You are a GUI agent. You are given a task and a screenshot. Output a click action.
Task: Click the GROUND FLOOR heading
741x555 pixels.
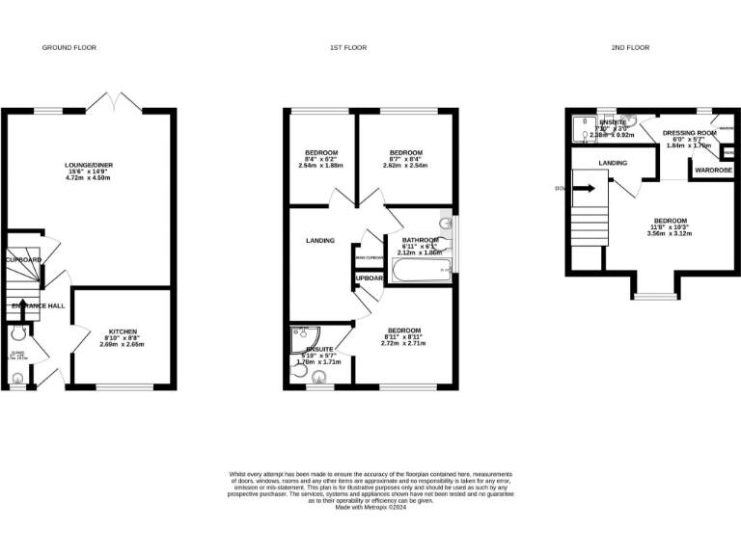[x=69, y=47]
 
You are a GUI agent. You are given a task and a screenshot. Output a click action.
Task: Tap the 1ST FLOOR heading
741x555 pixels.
[x=350, y=47]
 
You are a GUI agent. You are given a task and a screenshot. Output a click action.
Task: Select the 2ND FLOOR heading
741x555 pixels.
[x=632, y=47]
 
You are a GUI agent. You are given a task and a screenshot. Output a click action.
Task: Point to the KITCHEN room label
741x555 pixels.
[x=123, y=330]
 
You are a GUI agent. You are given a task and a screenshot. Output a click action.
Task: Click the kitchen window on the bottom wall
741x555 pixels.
[x=123, y=387]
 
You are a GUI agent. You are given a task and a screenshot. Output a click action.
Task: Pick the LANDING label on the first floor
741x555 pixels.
[x=320, y=241]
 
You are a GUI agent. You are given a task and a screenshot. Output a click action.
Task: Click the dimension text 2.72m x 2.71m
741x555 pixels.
[x=403, y=343]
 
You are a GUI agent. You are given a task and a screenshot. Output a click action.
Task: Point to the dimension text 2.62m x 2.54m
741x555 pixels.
[x=405, y=166]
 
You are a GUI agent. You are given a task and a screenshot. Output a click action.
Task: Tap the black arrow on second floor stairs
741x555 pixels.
[x=584, y=189]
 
